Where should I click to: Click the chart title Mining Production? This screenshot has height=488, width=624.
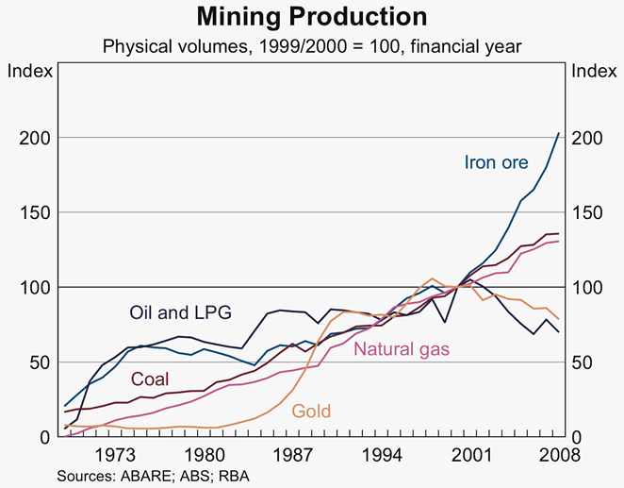pyautogui.click(x=311, y=17)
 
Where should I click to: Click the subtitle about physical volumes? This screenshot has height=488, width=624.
pyautogui.click(x=312, y=45)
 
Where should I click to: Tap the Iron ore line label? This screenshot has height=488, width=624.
pyautogui.click(x=497, y=162)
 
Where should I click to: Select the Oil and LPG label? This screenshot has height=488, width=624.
pyautogui.click(x=180, y=311)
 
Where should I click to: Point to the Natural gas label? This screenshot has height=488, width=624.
pyautogui.click(x=402, y=350)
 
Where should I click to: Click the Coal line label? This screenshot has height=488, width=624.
pyautogui.click(x=150, y=379)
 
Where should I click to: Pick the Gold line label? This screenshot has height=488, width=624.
pyautogui.click(x=312, y=411)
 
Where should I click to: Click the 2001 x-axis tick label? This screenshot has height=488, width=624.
pyautogui.click(x=474, y=453)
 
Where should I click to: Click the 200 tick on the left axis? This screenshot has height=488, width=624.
pyautogui.click(x=33, y=138)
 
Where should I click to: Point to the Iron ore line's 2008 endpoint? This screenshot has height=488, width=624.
pyautogui.click(x=559, y=133)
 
